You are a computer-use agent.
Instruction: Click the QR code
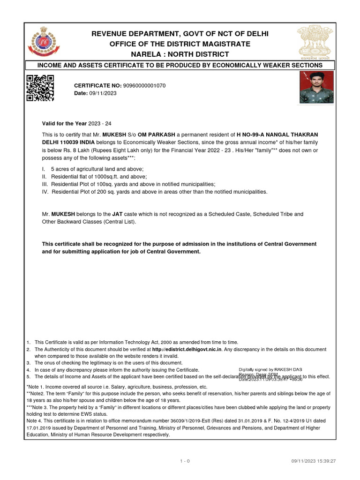click(x=40, y=88)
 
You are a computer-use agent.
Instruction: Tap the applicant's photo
click(x=317, y=87)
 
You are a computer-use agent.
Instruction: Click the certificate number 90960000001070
click(x=144, y=86)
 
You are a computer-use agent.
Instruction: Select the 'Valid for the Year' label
click(x=65, y=123)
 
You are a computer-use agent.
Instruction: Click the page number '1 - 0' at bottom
click(x=185, y=461)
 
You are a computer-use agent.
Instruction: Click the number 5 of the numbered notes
click(x=29, y=376)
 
